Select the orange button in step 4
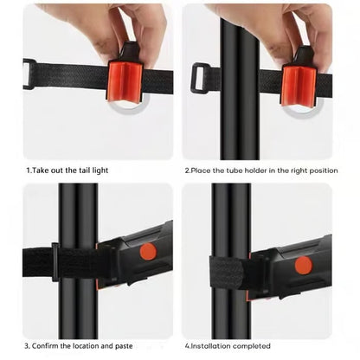[x=303, y=265]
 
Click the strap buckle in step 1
[x=29, y=74]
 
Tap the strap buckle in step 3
[x=56, y=261]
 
